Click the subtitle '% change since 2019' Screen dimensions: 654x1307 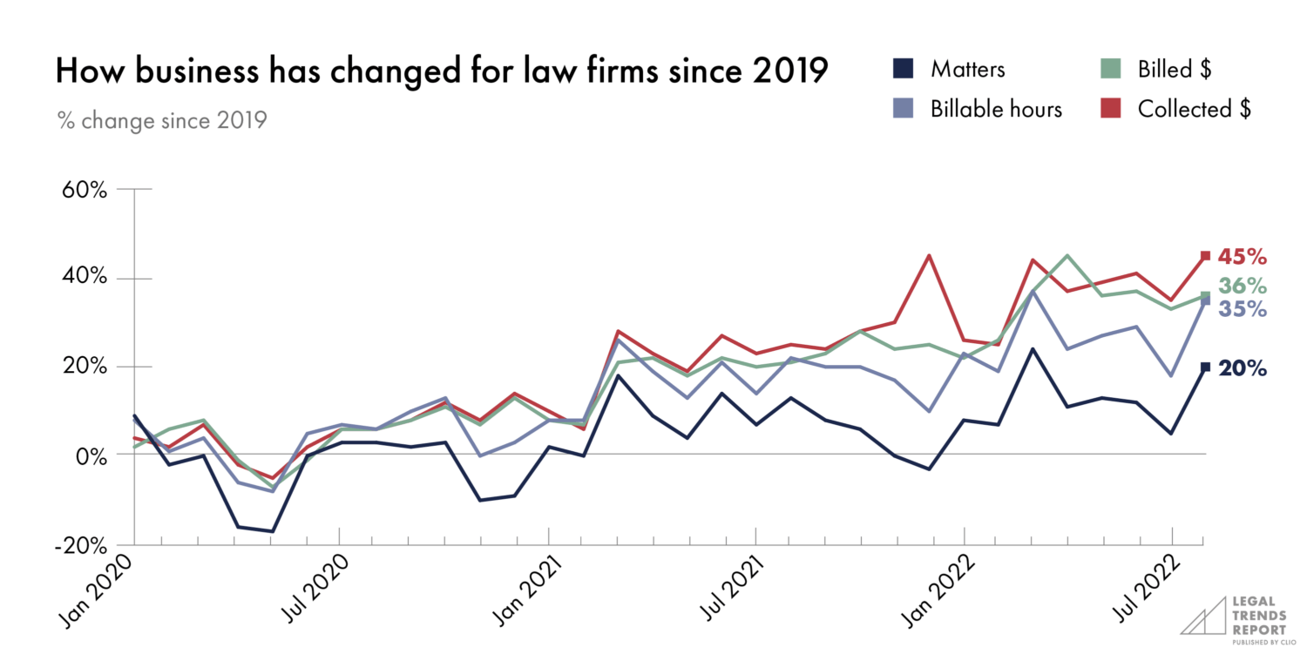pos(161,119)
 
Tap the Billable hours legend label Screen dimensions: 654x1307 pos(996,110)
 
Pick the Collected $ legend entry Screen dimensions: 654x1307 pos(1194,110)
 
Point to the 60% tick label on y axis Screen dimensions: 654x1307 pos(85,190)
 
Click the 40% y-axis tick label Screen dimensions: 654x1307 pos(85,279)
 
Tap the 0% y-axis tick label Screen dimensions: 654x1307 pos(90,455)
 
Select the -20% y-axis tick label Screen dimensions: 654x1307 pos(80,544)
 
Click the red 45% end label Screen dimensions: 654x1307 pos(1243,258)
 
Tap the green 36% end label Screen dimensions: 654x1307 pos(1243,287)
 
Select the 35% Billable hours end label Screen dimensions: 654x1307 pos(1243,309)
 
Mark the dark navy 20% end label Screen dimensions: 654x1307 pos(1243,369)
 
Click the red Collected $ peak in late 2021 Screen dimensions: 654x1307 pos(930,256)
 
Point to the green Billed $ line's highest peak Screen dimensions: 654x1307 pos(1067,256)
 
